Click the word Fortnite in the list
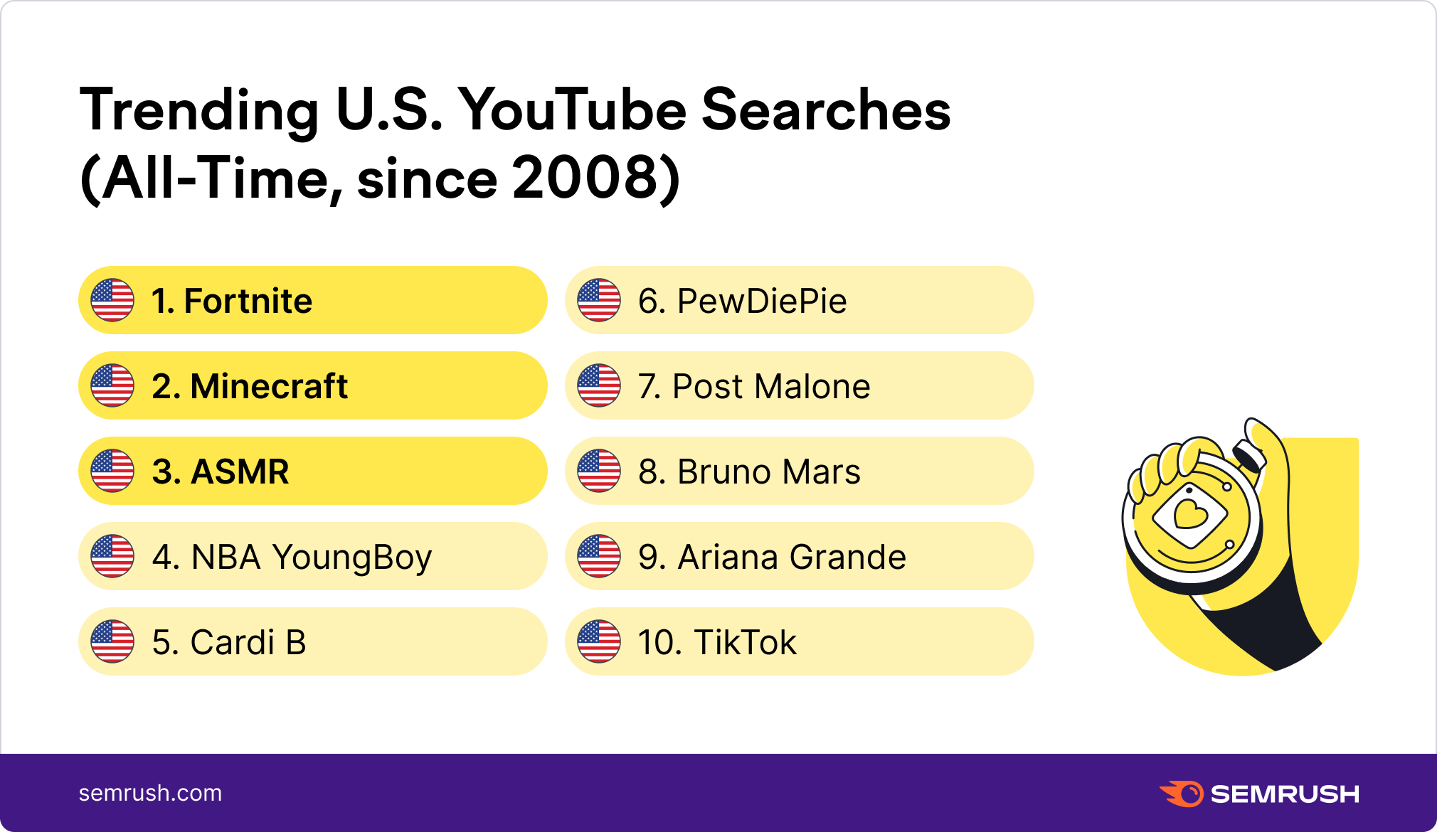[x=248, y=301]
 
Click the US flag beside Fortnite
[x=112, y=300]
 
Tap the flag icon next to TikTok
[x=599, y=641]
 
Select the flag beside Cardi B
[x=112, y=641]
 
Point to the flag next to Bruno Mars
[x=599, y=471]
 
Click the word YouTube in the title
[x=572, y=110]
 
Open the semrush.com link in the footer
[x=150, y=793]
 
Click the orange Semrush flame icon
[x=1182, y=794]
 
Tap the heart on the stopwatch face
[x=1190, y=513]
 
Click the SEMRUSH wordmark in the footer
[x=1285, y=794]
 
